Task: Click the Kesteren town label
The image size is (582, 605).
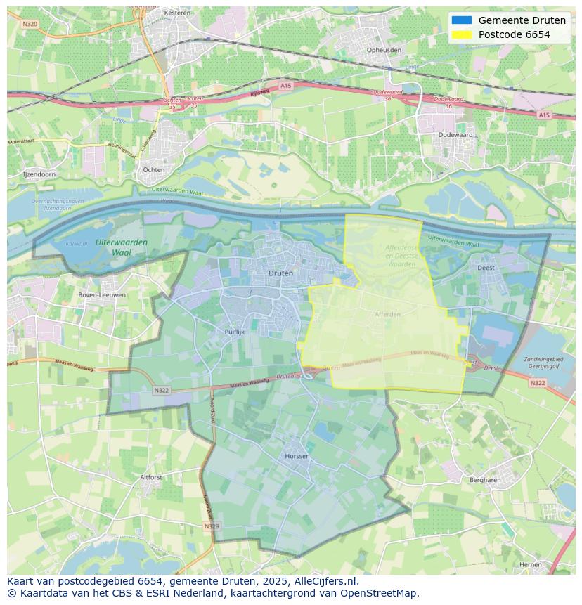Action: coord(172,13)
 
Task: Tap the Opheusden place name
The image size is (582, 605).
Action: coord(384,50)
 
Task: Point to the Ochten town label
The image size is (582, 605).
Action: coord(154,169)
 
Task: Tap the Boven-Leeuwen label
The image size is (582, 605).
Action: coord(103,294)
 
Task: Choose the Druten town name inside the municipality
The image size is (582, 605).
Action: coord(281,273)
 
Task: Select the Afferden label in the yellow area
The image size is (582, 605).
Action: coord(387,314)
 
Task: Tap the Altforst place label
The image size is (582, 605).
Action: coord(151,476)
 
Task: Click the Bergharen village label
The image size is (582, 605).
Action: coord(484,480)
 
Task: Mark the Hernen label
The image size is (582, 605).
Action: coord(530,564)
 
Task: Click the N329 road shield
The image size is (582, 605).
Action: coord(211,526)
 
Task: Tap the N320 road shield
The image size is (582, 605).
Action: coord(30,23)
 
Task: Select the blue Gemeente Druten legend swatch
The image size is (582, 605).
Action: coord(462,20)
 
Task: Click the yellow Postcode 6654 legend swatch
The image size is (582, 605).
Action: coord(462,34)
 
